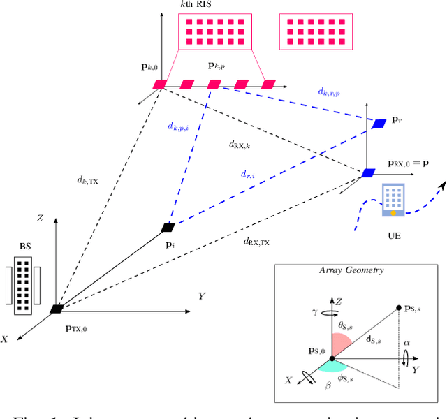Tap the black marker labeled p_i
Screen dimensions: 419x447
click(168, 227)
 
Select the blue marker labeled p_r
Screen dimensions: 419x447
click(379, 124)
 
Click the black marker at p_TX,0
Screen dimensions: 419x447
click(57, 309)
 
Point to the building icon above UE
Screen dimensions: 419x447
click(393, 198)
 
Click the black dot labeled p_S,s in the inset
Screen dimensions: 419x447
click(399, 307)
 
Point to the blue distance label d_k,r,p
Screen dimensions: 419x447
click(329, 91)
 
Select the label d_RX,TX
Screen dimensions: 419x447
click(256, 242)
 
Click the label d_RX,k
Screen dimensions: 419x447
click(240, 145)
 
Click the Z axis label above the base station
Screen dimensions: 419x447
click(40, 219)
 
